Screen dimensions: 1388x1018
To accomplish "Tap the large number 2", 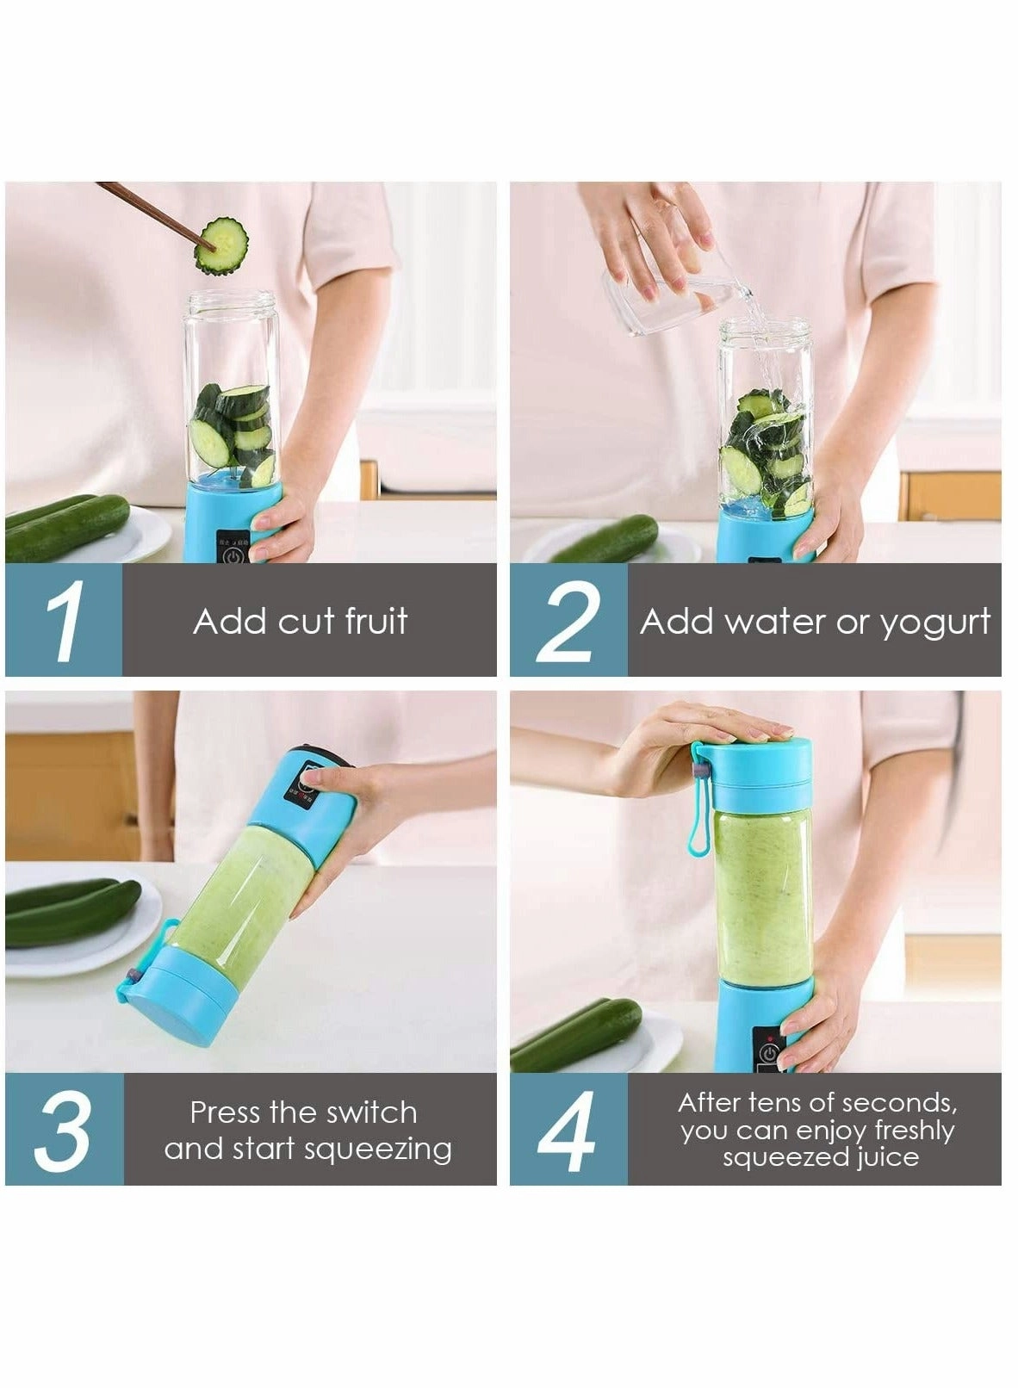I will (568, 622).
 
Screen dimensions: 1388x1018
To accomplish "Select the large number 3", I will (62, 1131).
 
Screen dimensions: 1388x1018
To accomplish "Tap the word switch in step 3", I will (376, 1112).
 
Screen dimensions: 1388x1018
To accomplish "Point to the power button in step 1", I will (233, 555).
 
